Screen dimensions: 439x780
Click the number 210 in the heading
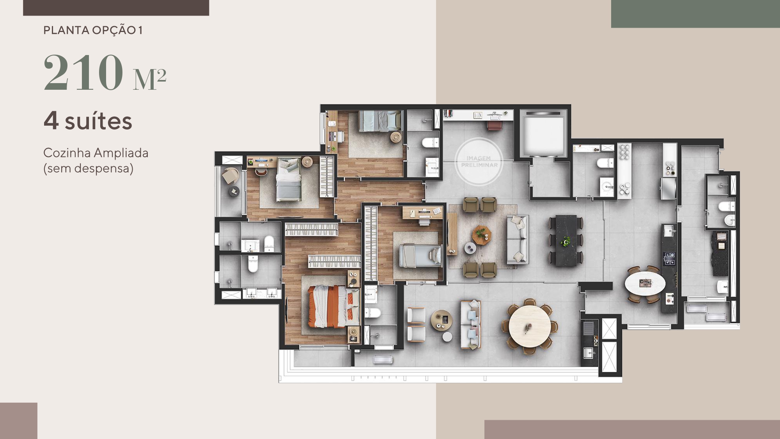[x=83, y=73]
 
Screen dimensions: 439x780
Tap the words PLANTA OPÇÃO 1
[x=93, y=30]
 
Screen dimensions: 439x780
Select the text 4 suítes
[x=88, y=121]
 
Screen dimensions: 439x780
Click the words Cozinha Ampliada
[x=96, y=153]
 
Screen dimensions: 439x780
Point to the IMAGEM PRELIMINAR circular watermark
[x=479, y=162]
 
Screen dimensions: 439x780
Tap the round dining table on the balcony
[x=530, y=326]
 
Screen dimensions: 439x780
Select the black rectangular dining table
[x=565, y=240]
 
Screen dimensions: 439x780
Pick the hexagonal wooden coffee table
[x=482, y=234]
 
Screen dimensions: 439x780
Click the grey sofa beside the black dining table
[x=518, y=239]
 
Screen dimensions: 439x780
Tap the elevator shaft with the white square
[x=543, y=135]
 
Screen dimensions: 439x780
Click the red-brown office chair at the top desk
[x=495, y=125]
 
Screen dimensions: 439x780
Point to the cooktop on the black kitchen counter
[x=669, y=259]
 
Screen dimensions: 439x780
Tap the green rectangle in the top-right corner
[x=695, y=14]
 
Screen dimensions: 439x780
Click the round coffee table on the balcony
[x=442, y=320]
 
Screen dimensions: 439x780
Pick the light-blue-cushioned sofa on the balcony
[x=471, y=325]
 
